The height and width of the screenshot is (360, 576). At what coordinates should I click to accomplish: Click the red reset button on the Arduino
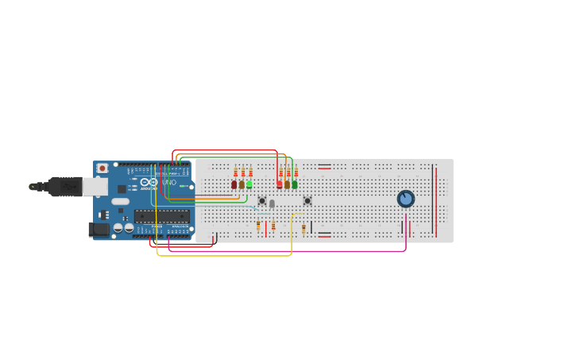coord(102,168)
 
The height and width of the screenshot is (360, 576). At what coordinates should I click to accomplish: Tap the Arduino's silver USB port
coord(95,187)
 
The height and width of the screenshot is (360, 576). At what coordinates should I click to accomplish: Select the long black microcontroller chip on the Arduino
coord(161,215)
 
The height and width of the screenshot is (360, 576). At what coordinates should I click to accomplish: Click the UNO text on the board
coord(168,183)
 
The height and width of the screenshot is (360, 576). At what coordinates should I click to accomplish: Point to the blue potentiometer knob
coord(406,199)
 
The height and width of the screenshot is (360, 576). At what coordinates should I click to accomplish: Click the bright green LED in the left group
coord(249,184)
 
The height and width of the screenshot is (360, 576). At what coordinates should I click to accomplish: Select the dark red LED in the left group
coord(234,184)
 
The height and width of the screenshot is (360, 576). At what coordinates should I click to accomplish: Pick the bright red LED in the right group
coord(280,184)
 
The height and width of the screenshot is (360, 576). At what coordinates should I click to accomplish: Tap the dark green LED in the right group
coord(295,184)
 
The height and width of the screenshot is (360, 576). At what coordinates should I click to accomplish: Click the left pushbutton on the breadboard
coord(262,200)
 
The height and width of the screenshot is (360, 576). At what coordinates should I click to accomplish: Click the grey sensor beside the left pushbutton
coord(272,203)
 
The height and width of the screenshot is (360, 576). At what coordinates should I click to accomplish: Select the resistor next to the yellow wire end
coord(303,228)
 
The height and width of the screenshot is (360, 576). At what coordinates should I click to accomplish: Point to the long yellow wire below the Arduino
coord(222,255)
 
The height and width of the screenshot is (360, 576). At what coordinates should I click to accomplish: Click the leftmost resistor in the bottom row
coord(258,226)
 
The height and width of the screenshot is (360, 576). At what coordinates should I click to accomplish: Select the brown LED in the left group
coord(242,184)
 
